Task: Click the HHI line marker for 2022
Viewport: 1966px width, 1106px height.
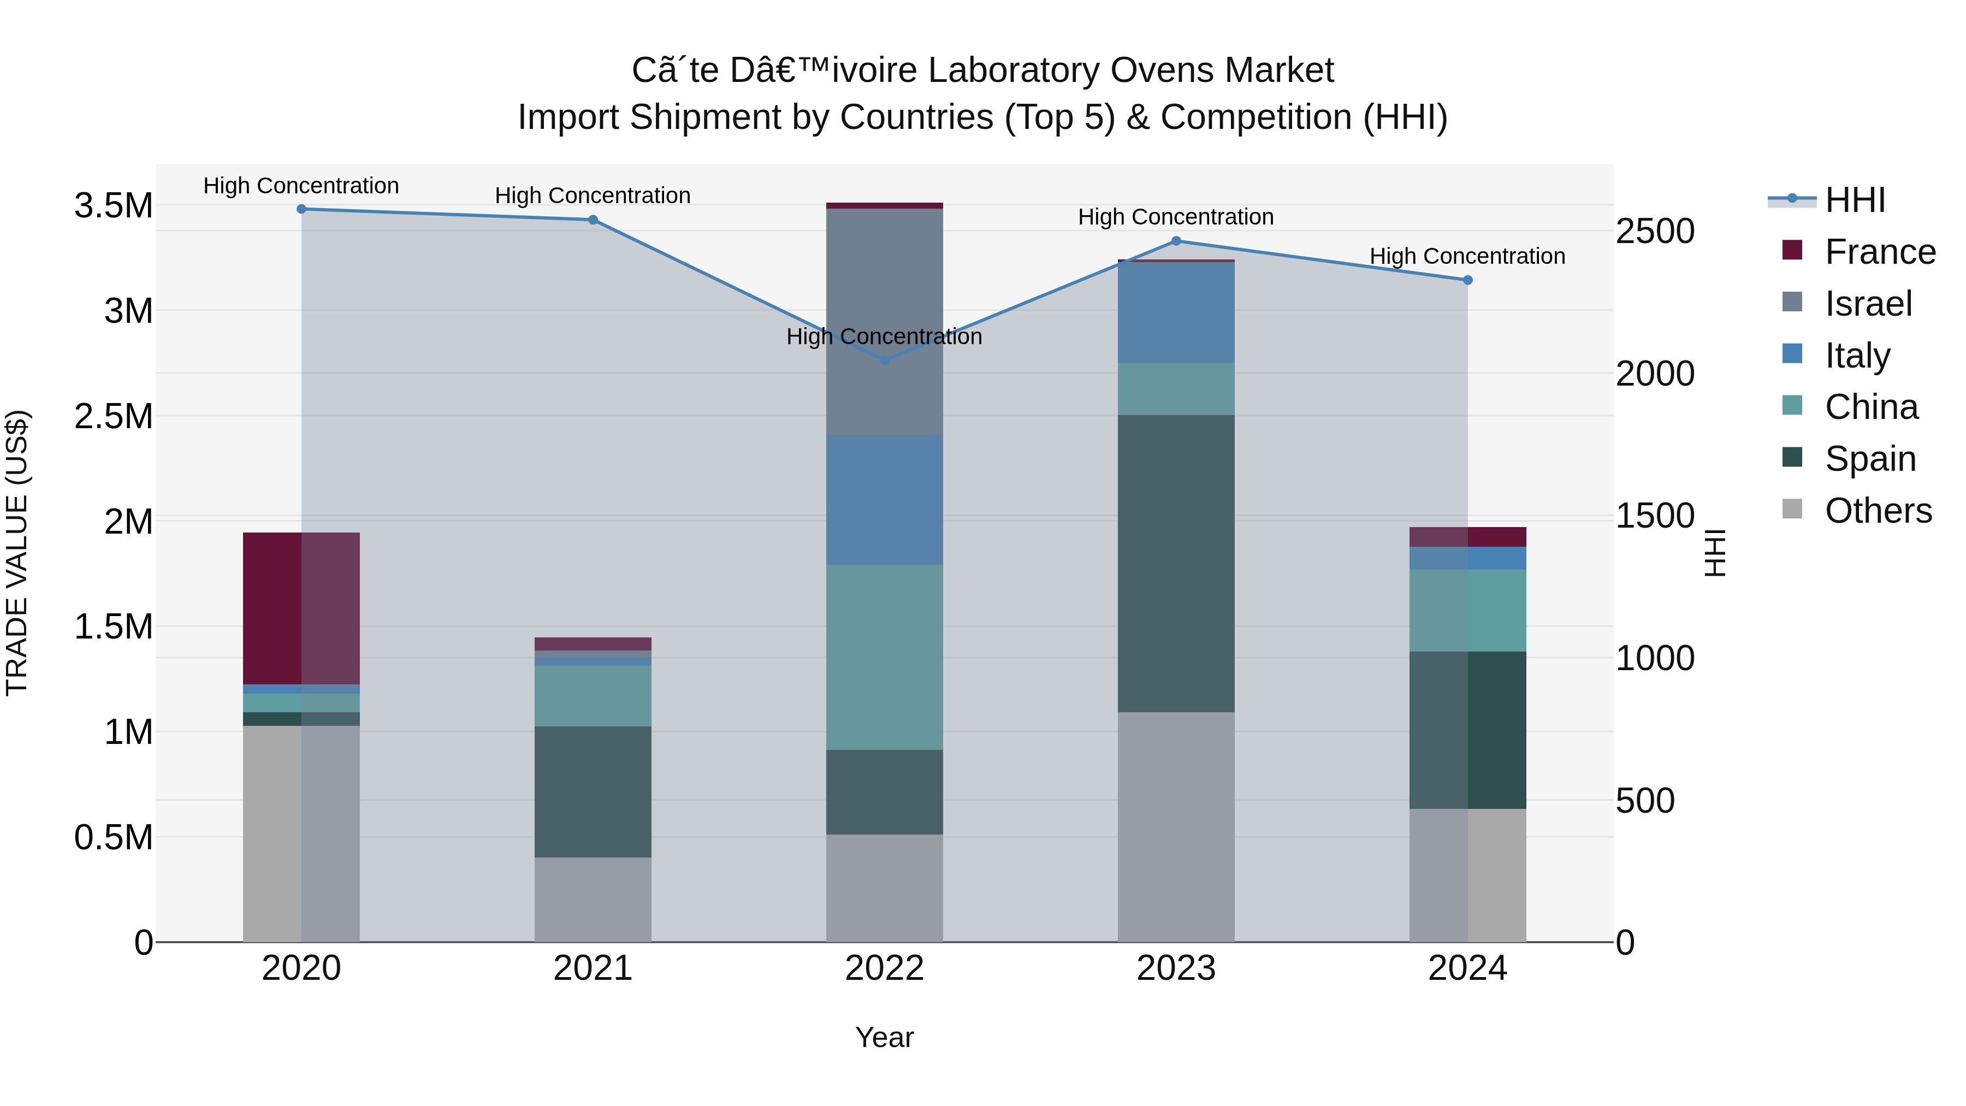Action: point(885,360)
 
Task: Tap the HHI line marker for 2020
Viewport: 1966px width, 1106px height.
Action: point(301,209)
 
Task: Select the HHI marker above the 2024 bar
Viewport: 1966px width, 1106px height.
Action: point(1467,280)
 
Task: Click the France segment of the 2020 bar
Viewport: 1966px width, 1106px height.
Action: point(301,608)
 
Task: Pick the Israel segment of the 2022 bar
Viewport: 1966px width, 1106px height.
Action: point(885,321)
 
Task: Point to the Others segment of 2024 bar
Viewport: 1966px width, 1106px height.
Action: point(1467,875)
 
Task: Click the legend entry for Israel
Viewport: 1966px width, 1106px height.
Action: point(1868,304)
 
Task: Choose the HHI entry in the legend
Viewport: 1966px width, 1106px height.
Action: point(1854,200)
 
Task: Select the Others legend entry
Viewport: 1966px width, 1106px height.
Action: point(1878,511)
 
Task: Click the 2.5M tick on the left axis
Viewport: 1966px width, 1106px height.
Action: point(113,417)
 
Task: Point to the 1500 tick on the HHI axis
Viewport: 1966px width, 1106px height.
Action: point(1655,516)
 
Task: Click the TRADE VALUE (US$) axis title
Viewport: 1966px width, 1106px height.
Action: point(17,553)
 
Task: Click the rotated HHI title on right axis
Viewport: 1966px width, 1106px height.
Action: point(1714,553)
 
